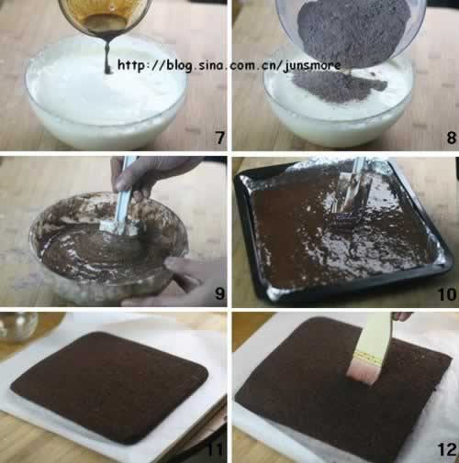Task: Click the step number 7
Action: [220, 138]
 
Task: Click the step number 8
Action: [452, 138]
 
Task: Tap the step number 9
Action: [220, 293]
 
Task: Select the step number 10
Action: [447, 294]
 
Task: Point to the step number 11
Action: [215, 449]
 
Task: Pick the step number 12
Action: [447, 449]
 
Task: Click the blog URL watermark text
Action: [229, 66]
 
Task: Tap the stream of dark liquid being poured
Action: [107, 57]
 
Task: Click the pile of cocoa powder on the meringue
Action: [338, 86]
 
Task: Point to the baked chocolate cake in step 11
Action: [109, 387]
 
